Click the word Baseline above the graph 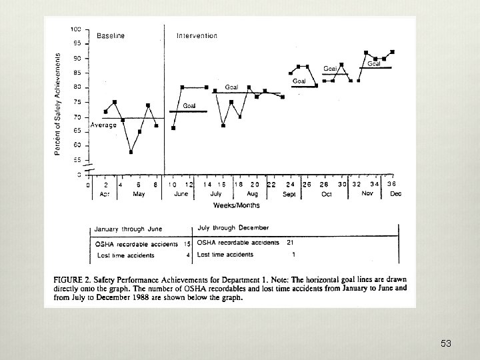pos(111,35)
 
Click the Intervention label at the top pos(197,35)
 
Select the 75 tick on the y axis pos(77,102)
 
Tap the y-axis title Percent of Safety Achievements pos(58,105)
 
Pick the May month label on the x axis pos(139,194)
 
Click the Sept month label pos(289,194)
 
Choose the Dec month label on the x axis pos(395,194)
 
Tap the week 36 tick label pos(392,184)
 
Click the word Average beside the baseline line pos(103,125)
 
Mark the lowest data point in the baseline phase pos(131,152)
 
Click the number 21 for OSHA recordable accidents pos(291,241)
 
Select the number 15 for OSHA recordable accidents pos(187,243)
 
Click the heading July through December pos(233,228)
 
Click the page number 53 pos(446,344)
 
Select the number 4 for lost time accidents pos(189,255)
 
